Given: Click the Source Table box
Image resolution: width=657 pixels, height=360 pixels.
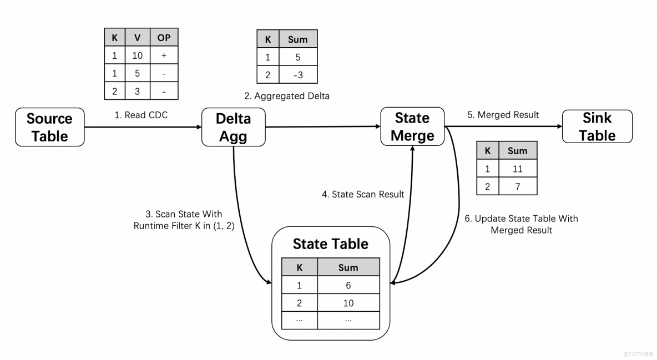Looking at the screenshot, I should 50,127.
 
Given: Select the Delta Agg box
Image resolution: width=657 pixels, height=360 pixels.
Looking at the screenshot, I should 233,127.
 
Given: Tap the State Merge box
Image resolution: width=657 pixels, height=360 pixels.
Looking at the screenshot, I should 412,127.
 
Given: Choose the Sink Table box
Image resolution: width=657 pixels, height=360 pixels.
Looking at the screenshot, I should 597,126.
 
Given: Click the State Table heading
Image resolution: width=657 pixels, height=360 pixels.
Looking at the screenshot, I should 330,245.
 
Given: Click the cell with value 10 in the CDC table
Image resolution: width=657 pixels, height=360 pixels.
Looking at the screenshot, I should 137,56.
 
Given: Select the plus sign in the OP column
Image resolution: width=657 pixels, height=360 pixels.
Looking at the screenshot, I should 164,56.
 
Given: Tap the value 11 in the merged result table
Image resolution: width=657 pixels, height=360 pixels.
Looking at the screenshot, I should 517,169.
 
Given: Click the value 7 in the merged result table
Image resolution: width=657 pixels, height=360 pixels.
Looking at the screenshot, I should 517,186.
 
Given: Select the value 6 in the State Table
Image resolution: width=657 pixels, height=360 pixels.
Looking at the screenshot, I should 348,285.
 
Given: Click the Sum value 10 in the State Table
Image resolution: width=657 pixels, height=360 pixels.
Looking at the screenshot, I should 348,303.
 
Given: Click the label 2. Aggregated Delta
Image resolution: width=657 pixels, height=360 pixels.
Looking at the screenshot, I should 286,96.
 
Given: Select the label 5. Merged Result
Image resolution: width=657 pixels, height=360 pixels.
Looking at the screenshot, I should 503,115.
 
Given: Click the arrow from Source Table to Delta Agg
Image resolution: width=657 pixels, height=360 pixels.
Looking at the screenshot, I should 143,127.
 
